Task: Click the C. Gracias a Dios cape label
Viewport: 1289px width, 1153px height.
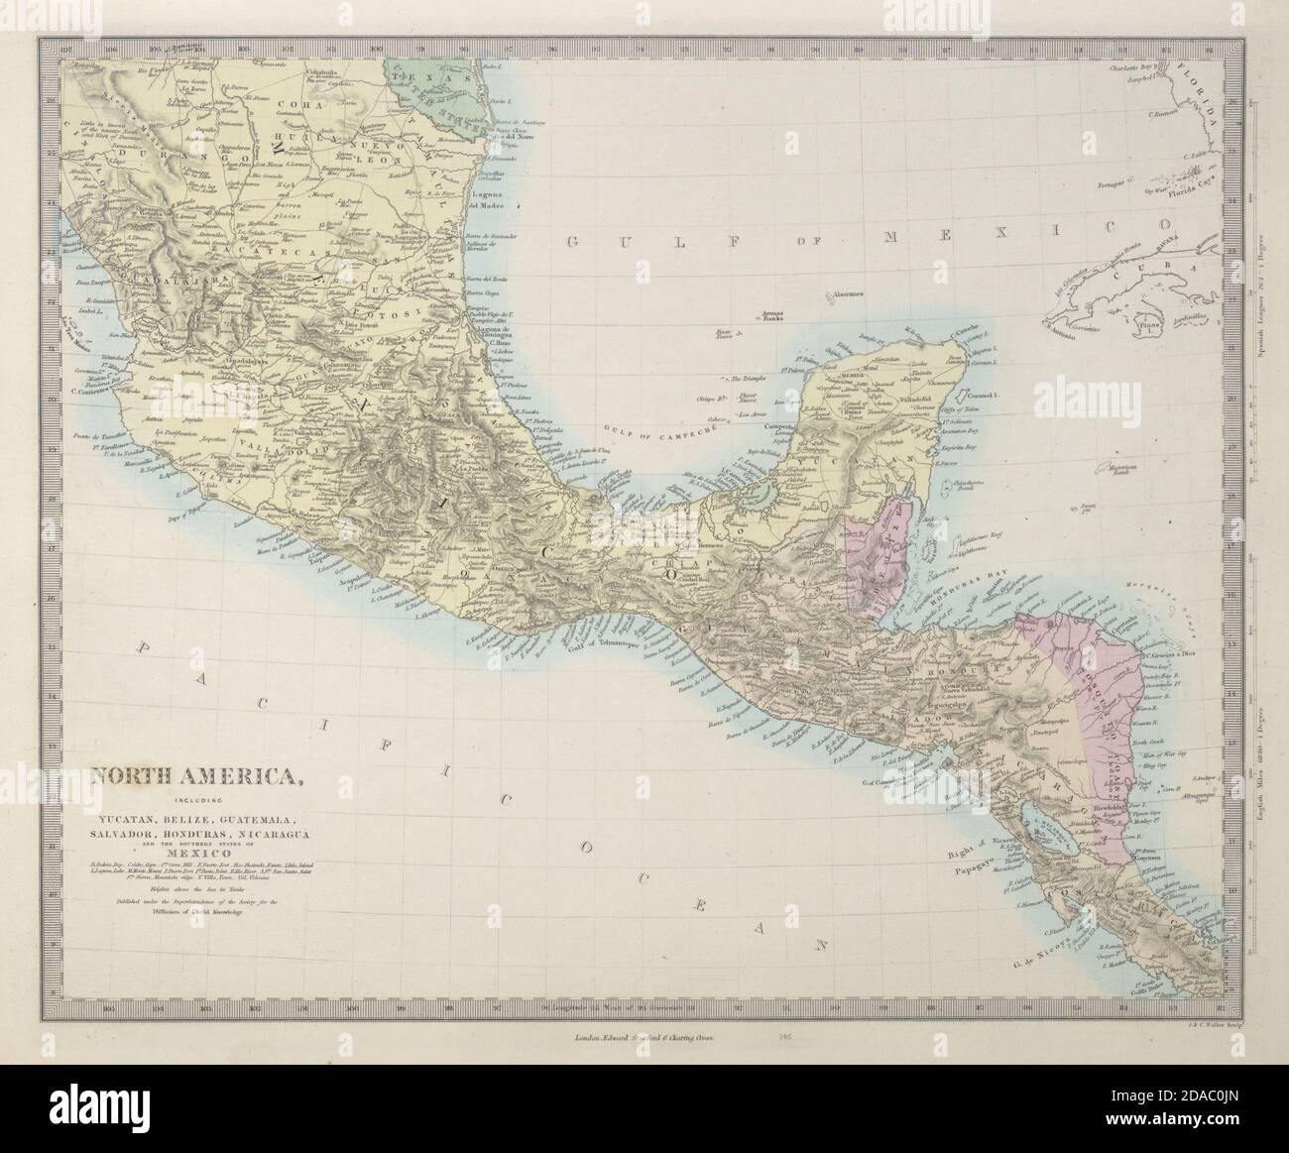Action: pyautogui.click(x=1180, y=654)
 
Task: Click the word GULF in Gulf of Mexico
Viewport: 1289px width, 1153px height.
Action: pyautogui.click(x=597, y=242)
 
